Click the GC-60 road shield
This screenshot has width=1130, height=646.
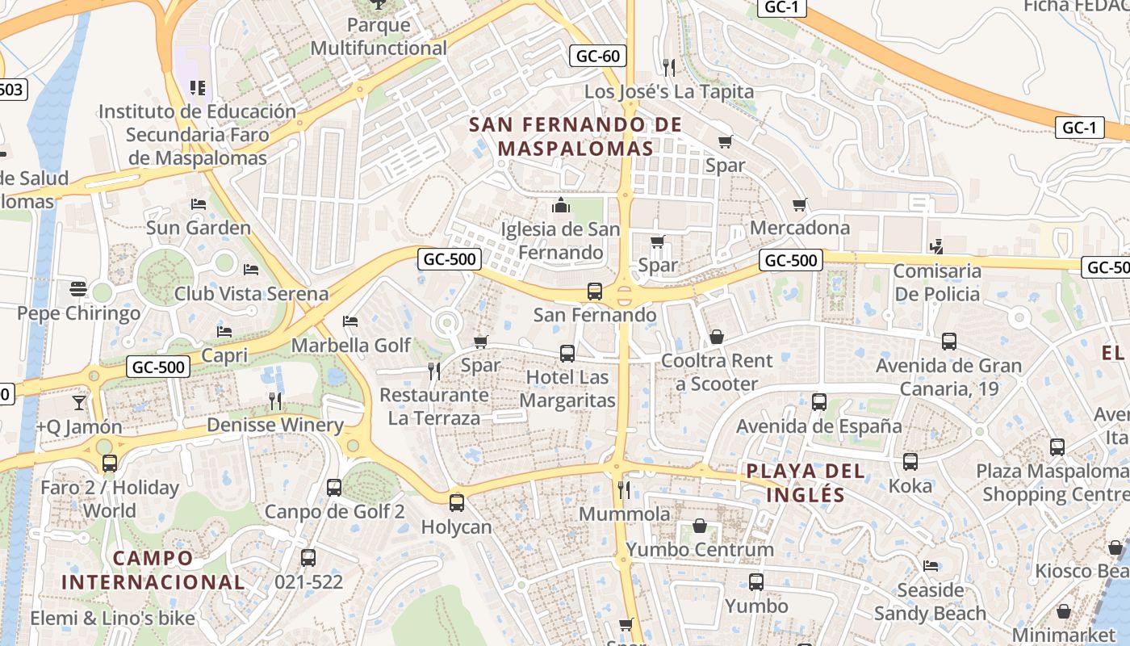coord(598,56)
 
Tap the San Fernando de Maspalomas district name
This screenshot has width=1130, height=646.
coord(575,136)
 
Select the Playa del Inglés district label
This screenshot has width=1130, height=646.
coord(805,483)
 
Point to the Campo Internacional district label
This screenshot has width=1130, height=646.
coord(153,570)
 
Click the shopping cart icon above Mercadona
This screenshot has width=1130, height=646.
coord(800,205)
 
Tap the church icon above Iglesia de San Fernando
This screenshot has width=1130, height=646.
coord(561,206)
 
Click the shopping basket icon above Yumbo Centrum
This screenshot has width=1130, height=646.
coord(700,526)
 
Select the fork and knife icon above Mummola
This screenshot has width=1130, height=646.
coord(623,489)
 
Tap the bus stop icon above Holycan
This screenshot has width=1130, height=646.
coord(457,503)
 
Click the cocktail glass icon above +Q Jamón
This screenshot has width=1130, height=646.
coord(79,402)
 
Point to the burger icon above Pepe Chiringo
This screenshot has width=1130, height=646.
coord(78,288)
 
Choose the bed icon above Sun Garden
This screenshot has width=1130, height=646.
coord(199,204)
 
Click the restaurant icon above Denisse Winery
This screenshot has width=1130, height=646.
coord(275,401)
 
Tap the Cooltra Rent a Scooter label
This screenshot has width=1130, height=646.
coord(717,372)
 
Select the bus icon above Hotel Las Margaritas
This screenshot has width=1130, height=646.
coord(567,354)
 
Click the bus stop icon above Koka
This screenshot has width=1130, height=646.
coord(910,462)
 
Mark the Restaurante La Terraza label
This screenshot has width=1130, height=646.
coord(434,406)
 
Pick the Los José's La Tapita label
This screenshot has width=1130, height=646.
coord(669,91)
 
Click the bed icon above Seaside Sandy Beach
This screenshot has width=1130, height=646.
coord(931,566)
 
